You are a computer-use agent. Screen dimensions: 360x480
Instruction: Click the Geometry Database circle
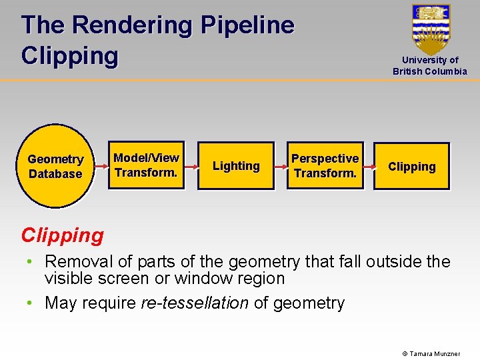pyautogui.click(x=55, y=166)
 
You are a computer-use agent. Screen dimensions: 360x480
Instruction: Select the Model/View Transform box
pyautogui.click(x=146, y=165)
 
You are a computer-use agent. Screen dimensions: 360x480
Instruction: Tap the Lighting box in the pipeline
pyautogui.click(x=236, y=166)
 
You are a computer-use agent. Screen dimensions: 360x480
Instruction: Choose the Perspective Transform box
pyautogui.click(x=325, y=166)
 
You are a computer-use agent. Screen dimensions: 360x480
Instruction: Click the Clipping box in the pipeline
pyautogui.click(x=411, y=167)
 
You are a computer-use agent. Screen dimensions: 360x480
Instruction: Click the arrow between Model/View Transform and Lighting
pyautogui.click(x=191, y=166)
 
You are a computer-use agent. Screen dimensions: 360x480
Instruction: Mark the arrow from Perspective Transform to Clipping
pyautogui.click(x=368, y=166)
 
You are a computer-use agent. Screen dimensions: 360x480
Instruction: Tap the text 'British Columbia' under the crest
pyautogui.click(x=430, y=71)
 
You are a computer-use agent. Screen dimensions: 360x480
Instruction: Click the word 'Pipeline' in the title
pyautogui.click(x=247, y=25)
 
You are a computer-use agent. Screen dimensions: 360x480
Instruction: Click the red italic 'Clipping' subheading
pyautogui.click(x=63, y=235)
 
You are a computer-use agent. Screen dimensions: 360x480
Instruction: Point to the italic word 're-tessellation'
pyautogui.click(x=195, y=303)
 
